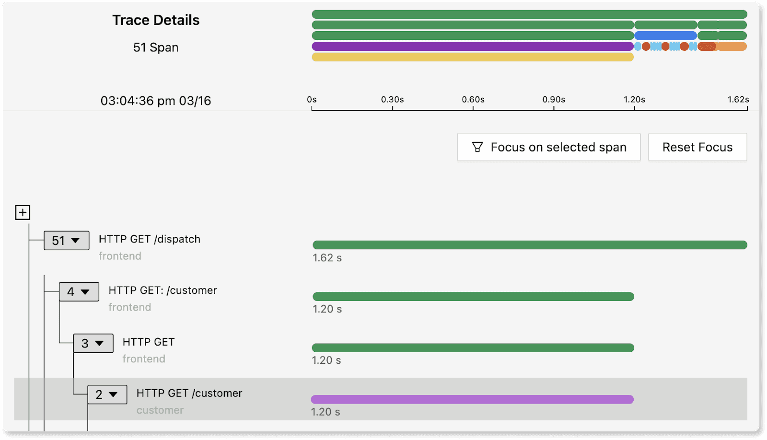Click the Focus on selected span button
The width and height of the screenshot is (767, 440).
point(548,147)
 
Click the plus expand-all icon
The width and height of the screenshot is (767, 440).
point(23,212)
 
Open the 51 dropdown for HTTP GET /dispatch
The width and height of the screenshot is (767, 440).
point(67,241)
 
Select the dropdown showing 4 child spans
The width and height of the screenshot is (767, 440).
point(79,292)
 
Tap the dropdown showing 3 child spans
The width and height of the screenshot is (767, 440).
point(93,343)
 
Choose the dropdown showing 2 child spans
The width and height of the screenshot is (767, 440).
point(107,394)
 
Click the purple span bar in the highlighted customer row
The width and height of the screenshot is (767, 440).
point(472,399)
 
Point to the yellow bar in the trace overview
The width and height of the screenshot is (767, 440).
point(473,57)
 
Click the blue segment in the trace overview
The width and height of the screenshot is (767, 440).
point(665,35)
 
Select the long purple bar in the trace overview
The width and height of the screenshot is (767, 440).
point(473,46)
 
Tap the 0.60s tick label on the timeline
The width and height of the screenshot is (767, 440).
point(473,100)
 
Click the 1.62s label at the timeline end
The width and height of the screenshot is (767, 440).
point(738,100)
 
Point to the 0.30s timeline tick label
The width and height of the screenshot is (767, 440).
point(393,100)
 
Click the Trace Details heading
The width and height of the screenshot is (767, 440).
point(156,20)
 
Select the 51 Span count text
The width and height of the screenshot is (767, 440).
point(156,47)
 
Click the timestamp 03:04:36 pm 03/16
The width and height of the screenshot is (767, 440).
point(156,101)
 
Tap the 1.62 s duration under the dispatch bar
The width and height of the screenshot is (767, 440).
point(327,258)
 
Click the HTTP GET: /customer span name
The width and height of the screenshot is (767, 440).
point(163,290)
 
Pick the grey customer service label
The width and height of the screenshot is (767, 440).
point(160,410)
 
